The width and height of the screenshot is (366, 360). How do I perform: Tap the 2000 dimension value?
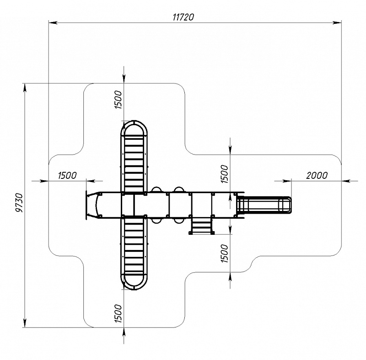click(317, 175)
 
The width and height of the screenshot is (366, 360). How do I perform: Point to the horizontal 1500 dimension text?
click(67, 175)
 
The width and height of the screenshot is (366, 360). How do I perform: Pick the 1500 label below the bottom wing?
click(118, 314)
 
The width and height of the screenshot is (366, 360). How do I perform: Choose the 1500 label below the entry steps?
click(224, 253)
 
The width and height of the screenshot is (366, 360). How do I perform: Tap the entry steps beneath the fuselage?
click(201, 226)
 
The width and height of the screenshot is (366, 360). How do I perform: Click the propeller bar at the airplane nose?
click(86, 205)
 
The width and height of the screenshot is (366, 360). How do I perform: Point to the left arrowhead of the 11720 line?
click(52, 22)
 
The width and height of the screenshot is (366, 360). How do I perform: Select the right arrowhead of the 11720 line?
click(339, 22)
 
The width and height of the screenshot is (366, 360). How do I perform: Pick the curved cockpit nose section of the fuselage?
click(98, 205)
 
